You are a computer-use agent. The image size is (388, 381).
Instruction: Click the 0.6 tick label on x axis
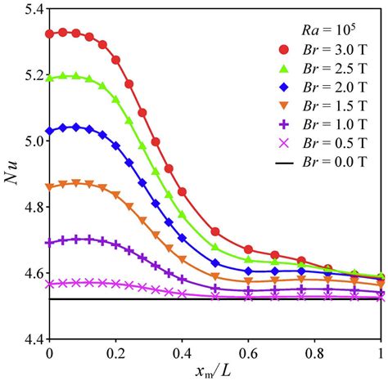coord(248,350)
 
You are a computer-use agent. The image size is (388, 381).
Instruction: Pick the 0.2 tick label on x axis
coord(115,350)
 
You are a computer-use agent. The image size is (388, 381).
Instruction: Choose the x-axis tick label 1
coord(380,350)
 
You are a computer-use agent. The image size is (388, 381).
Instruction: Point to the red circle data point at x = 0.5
coord(215,232)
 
